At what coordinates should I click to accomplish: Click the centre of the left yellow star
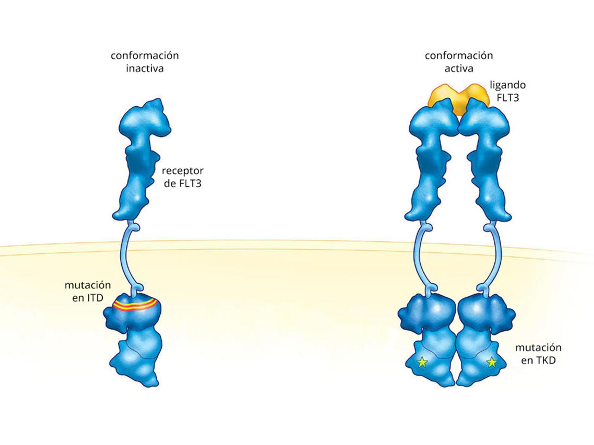(422, 362)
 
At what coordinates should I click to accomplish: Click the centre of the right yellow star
(491, 362)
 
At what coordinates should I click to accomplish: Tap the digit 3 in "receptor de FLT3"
(198, 184)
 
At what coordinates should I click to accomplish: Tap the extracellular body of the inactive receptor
(140, 159)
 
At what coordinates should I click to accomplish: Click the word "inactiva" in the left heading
(145, 68)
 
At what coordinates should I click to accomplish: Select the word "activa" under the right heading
(458, 68)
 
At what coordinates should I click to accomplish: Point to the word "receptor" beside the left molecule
(183, 171)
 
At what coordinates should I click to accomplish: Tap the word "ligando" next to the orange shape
(508, 85)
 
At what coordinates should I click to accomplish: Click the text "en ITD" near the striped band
(88, 298)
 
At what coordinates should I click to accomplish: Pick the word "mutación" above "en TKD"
(538, 348)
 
